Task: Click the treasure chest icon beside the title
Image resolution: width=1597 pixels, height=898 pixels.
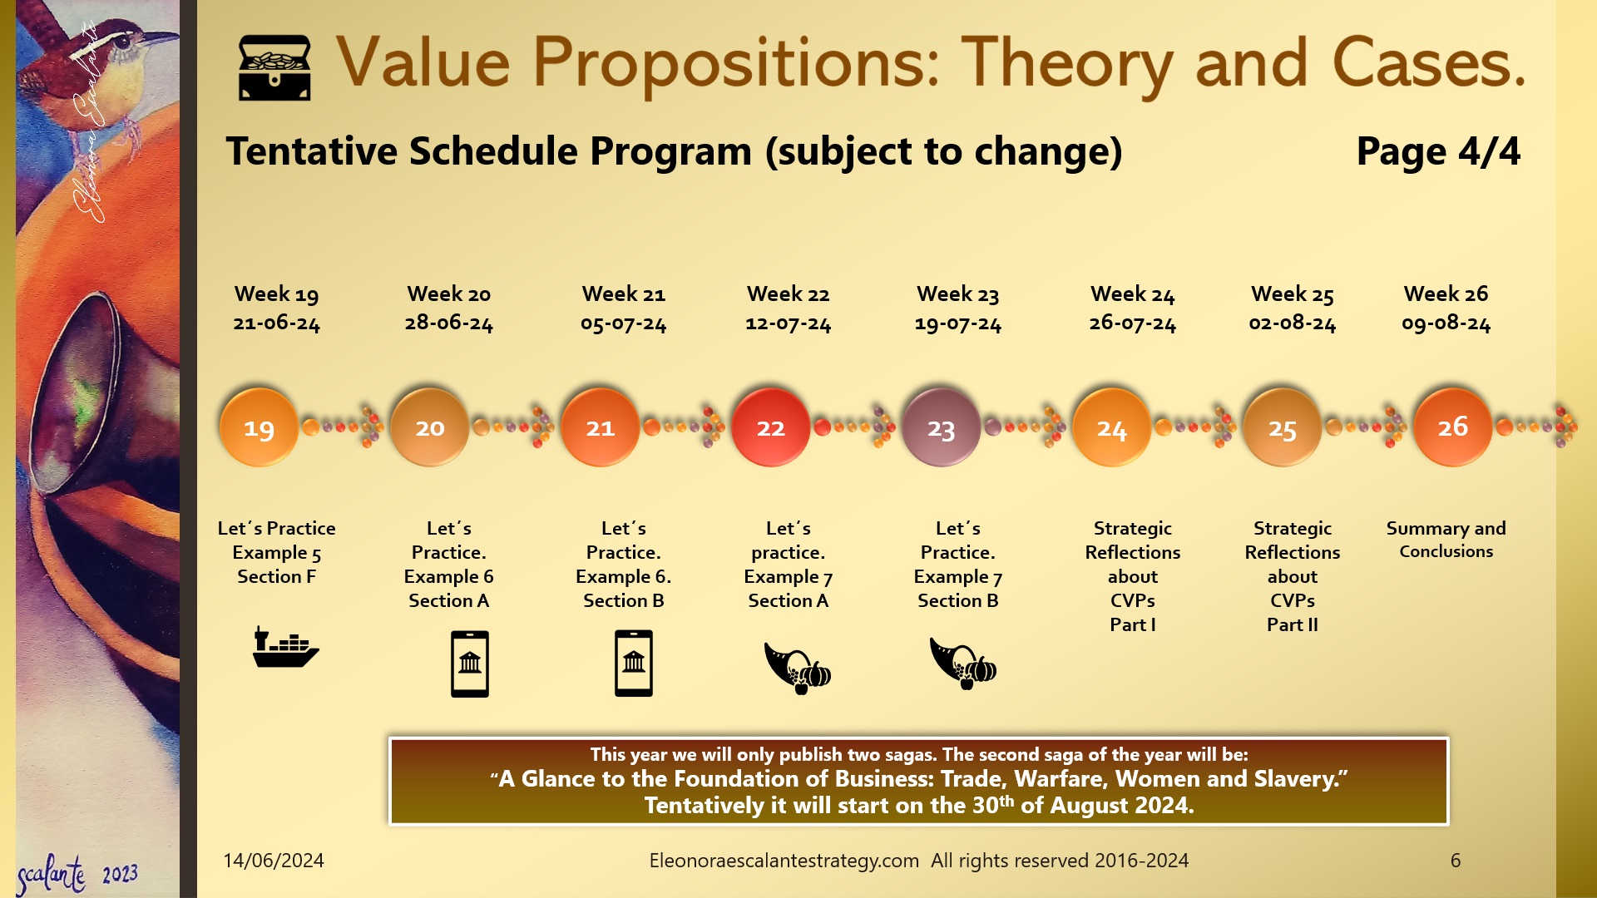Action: pos(274,68)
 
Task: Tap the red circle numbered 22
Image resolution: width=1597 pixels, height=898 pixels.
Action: pos(770,427)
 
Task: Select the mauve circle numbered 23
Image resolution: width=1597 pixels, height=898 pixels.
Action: pos(941,428)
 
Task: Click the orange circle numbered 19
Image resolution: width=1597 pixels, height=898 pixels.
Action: pos(259,428)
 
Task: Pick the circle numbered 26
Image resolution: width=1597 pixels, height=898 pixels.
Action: pos(1452,427)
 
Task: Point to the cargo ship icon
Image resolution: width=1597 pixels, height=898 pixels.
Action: pos(285,648)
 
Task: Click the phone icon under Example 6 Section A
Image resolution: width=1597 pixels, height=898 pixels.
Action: pos(470,664)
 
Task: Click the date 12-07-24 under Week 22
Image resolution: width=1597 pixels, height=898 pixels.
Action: pos(788,323)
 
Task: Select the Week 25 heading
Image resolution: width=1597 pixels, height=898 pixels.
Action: pos(1292,294)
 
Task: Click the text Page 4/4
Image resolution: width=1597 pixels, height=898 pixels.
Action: pos(1437,151)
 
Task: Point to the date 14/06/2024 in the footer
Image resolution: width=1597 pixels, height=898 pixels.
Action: pos(274,861)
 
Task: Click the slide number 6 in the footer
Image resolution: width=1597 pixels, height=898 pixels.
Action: pos(1455,861)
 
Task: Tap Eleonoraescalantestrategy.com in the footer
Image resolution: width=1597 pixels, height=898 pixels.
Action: pos(784,861)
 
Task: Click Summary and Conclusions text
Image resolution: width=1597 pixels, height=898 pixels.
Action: pos(1446,540)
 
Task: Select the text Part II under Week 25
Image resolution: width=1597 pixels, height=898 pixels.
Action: pos(1292,624)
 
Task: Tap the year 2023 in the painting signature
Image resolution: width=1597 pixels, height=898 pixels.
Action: pos(121,875)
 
